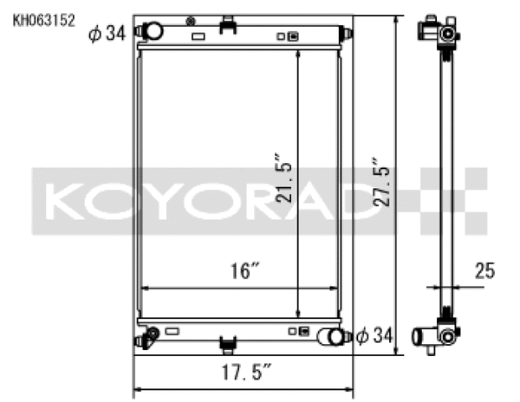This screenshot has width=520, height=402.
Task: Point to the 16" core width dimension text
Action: click(x=244, y=272)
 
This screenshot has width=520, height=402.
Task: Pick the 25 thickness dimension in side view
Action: click(x=484, y=272)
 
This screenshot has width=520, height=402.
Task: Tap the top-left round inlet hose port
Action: click(x=153, y=31)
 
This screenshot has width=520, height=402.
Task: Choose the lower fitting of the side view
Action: click(x=439, y=334)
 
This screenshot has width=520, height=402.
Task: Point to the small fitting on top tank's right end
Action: click(x=348, y=34)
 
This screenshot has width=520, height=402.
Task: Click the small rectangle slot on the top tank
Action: click(x=198, y=37)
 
